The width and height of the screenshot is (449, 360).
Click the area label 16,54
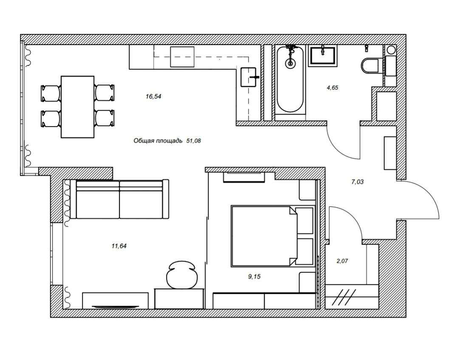point(153,96)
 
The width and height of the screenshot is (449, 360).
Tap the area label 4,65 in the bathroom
point(333,87)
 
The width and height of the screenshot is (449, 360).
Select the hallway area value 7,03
point(357,181)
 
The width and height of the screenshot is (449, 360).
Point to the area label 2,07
point(342,261)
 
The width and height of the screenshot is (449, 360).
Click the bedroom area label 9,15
point(254,276)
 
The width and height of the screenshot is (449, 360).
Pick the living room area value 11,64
point(119,245)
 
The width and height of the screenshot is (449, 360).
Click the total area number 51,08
point(194,141)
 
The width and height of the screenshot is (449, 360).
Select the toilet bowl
point(370,66)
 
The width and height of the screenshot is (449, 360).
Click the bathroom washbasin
point(322,56)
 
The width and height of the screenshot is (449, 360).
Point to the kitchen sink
point(248,77)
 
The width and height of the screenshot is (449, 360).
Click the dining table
point(78,107)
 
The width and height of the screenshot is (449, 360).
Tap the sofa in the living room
point(120,199)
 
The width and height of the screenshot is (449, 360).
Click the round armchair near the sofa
point(182,274)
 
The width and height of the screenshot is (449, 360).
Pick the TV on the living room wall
point(115,307)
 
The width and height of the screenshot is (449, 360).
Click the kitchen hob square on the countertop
point(182,56)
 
